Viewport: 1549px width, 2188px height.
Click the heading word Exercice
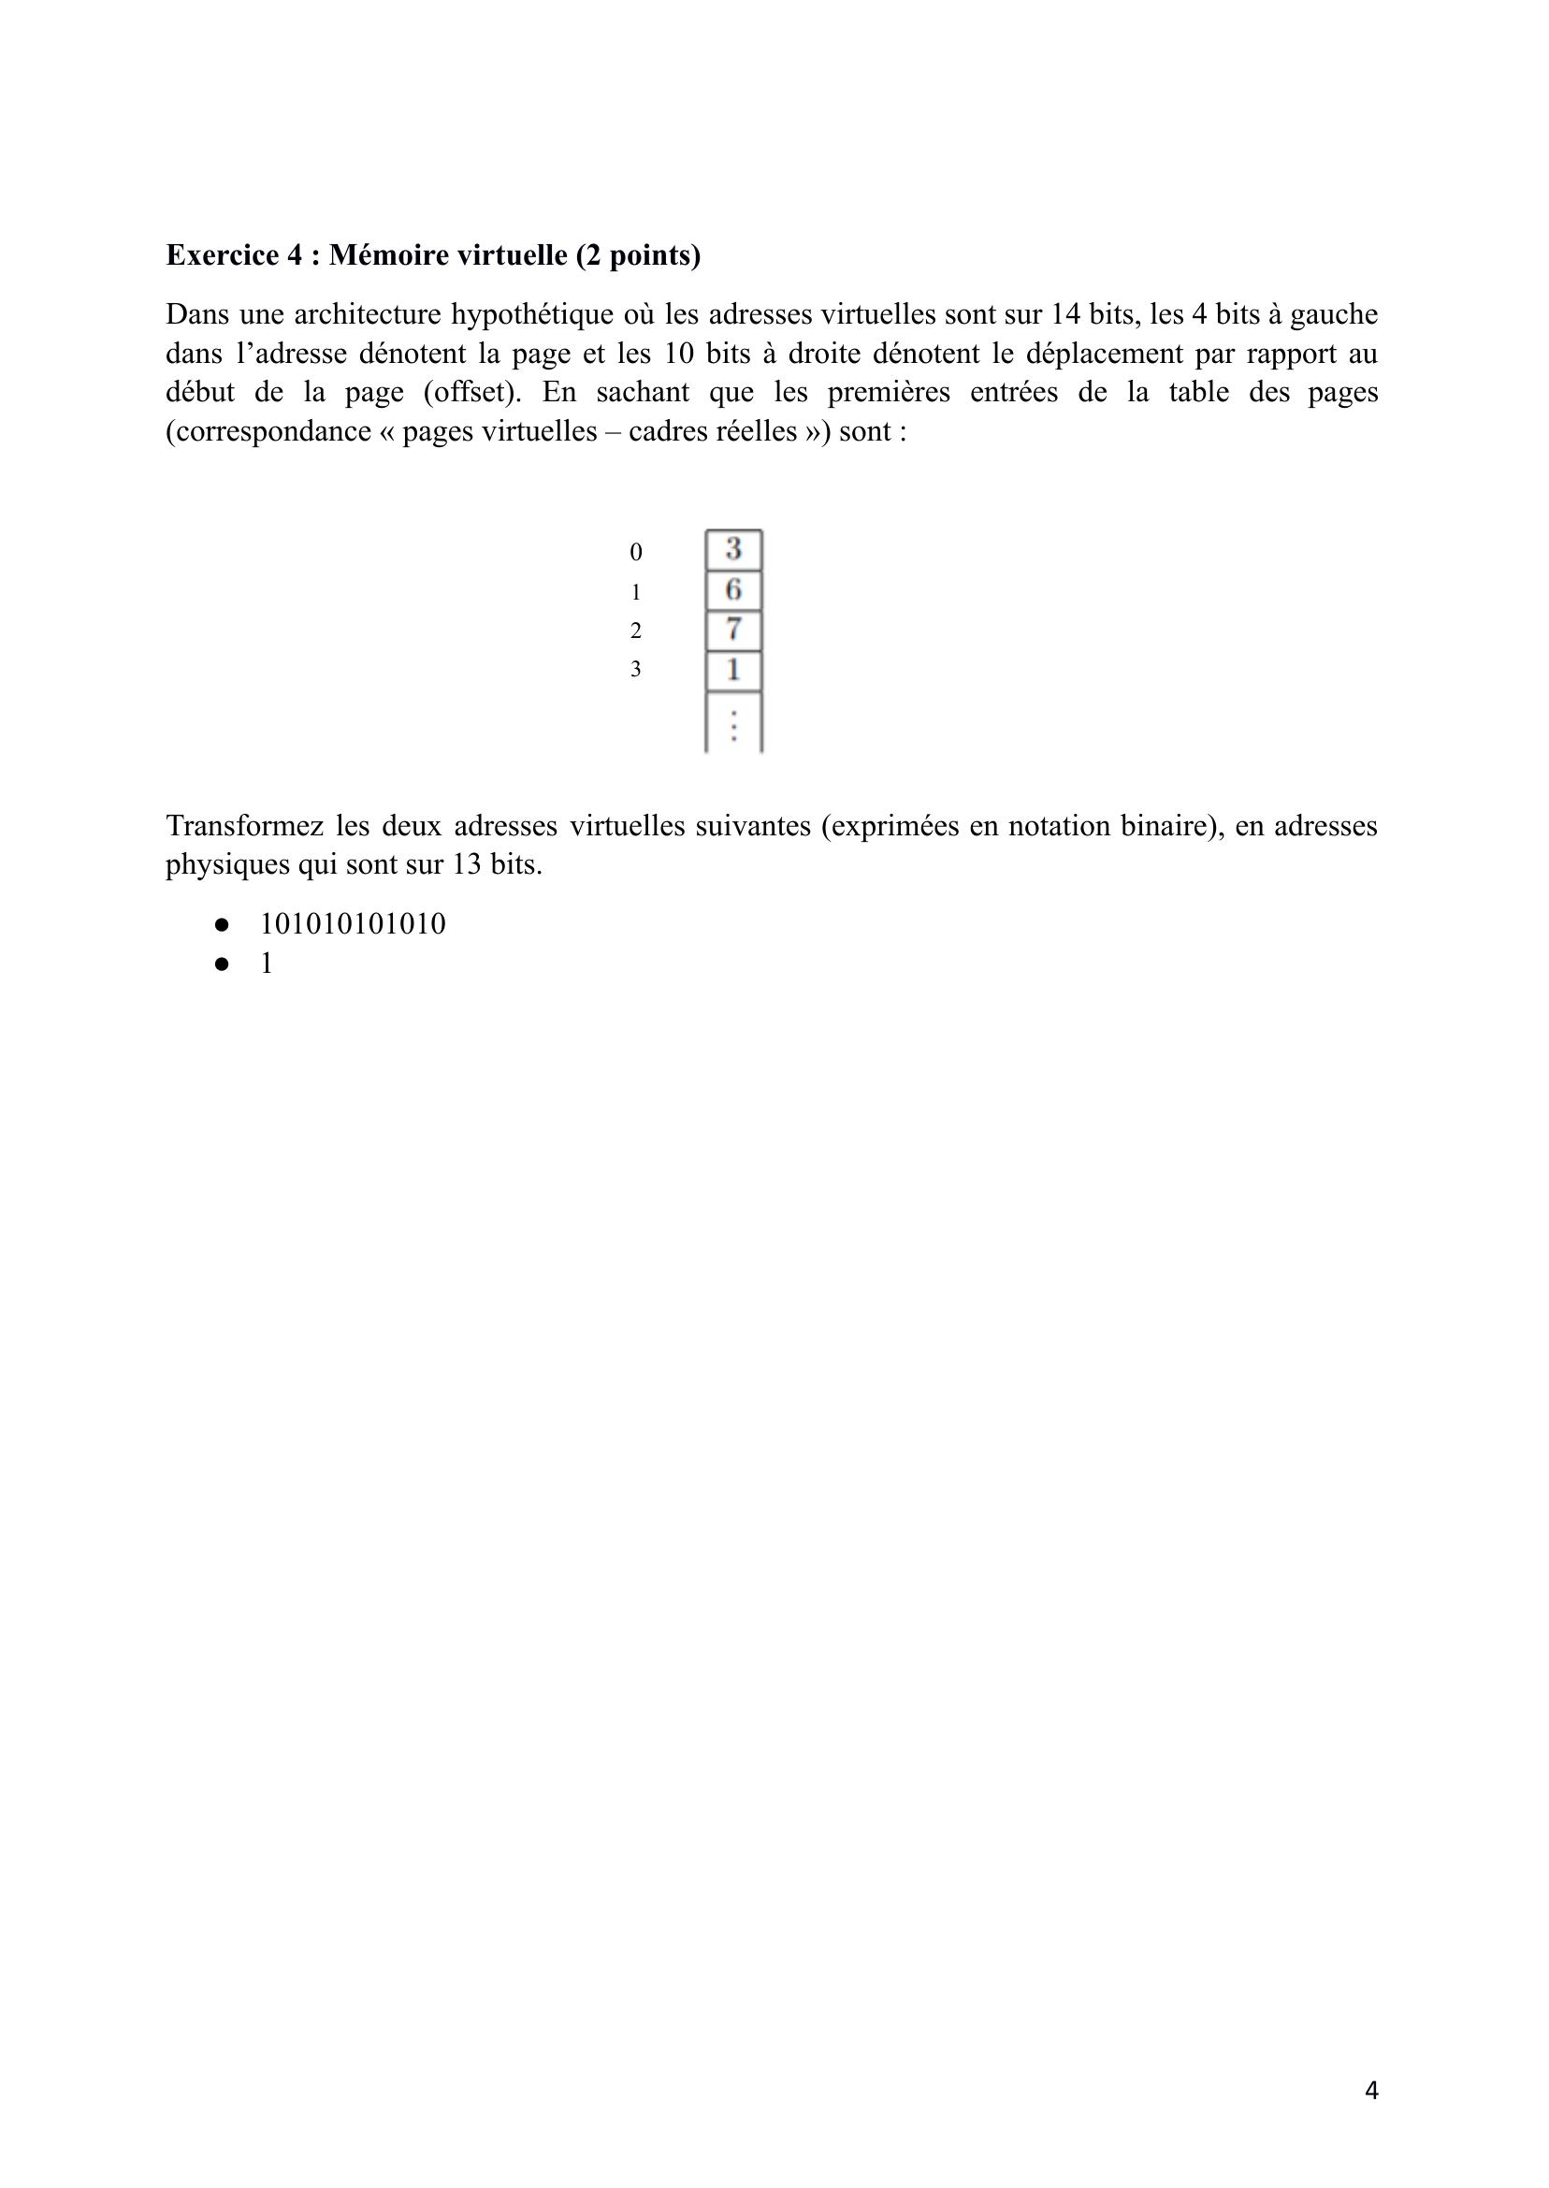click(x=221, y=255)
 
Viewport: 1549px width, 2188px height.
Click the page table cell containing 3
click(x=732, y=549)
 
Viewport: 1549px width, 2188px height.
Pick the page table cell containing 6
click(x=732, y=590)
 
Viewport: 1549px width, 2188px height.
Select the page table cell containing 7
click(x=732, y=630)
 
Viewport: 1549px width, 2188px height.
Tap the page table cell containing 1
click(x=732, y=671)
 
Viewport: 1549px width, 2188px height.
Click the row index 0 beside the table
click(x=635, y=552)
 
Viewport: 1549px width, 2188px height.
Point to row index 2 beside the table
click(x=635, y=630)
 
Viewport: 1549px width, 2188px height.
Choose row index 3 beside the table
click(x=635, y=670)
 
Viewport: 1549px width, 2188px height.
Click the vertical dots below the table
click(x=732, y=725)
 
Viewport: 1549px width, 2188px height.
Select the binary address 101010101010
click(x=353, y=924)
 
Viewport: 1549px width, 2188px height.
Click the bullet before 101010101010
click(x=223, y=924)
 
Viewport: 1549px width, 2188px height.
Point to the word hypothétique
click(x=531, y=313)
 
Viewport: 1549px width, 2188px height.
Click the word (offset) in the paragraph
click(x=472, y=392)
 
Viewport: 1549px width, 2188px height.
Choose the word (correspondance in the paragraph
click(x=268, y=432)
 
